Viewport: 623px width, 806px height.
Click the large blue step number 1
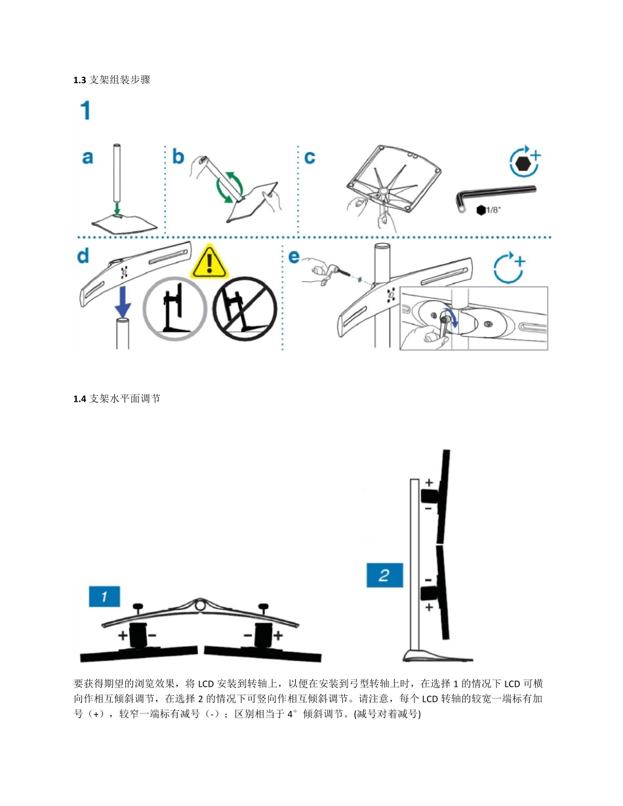click(85, 110)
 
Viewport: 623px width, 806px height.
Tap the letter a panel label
click(87, 157)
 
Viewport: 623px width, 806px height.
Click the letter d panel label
click(83, 256)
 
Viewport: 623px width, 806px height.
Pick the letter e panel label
click(294, 256)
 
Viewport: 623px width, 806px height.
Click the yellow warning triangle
click(209, 263)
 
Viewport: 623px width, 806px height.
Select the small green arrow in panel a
click(116, 208)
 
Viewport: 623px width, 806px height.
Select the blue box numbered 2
click(383, 576)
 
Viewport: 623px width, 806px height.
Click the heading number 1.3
click(79, 81)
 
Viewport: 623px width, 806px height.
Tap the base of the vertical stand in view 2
click(438, 655)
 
